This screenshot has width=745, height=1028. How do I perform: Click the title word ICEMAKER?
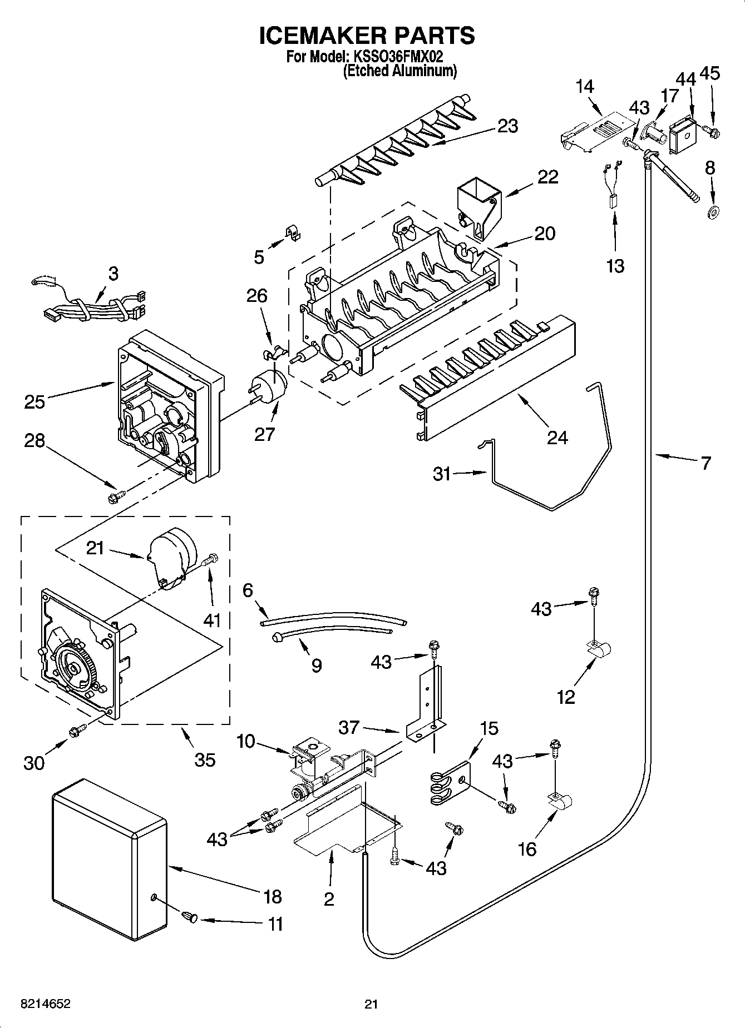point(315,35)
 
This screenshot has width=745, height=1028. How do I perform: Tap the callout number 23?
point(507,126)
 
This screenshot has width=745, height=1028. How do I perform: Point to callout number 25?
point(34,401)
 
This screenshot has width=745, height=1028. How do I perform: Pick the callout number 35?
point(205,759)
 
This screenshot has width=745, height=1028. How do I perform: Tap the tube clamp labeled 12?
point(599,649)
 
